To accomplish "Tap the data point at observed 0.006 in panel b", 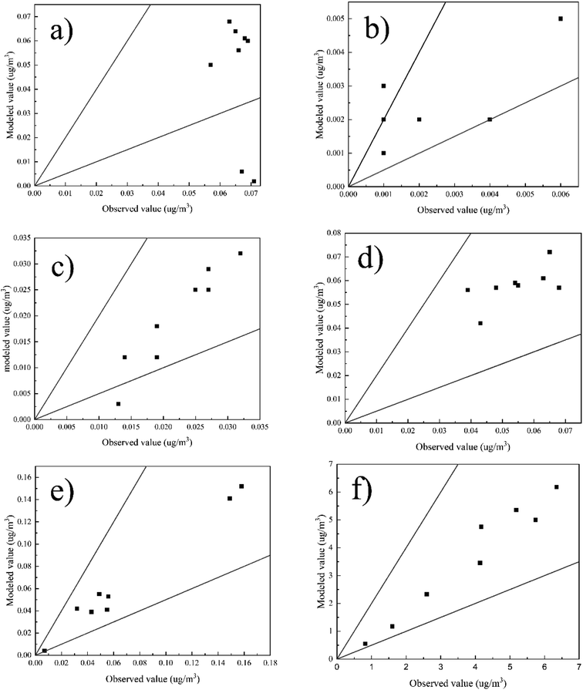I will pyautogui.click(x=561, y=19).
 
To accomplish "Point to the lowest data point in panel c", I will pyautogui.click(x=118, y=404).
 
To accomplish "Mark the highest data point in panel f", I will pyautogui.click(x=556, y=486).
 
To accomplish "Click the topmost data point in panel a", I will pyautogui.click(x=229, y=22).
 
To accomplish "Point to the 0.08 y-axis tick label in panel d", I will pyautogui.click(x=332, y=232).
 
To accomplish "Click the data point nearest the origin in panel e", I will pyautogui.click(x=45, y=651).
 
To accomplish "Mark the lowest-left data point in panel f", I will pyautogui.click(x=365, y=644).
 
